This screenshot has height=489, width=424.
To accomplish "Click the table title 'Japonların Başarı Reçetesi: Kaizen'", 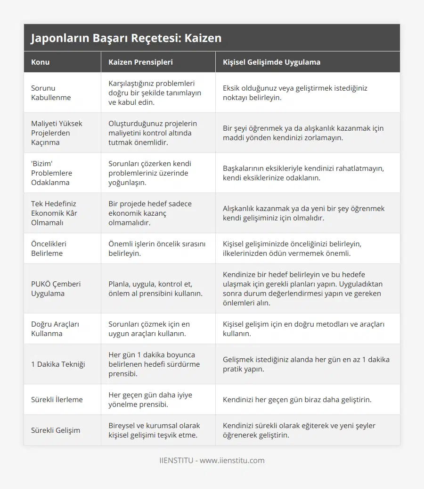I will [126, 38].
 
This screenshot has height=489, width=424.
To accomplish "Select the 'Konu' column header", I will [40, 62].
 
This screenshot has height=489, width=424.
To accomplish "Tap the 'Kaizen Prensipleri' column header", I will [140, 62].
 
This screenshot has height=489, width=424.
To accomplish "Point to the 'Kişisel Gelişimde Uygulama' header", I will [271, 62].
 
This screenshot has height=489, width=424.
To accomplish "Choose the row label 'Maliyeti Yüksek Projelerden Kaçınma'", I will [57, 133].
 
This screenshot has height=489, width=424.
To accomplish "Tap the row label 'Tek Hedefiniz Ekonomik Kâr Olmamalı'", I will [54, 213].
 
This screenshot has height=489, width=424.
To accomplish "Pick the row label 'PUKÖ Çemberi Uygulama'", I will [56, 288].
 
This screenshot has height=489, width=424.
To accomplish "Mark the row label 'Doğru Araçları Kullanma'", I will [55, 329].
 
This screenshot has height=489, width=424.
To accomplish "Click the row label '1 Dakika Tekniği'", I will [58, 364].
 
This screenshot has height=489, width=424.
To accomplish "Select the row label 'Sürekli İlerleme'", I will [57, 399].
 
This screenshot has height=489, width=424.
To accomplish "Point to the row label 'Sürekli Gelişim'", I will [56, 430].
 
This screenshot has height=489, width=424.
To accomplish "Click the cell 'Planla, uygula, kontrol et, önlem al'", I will [155, 288].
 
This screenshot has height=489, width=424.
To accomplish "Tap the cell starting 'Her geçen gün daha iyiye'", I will [150, 399].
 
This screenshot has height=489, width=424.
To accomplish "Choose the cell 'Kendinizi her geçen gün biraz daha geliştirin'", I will [297, 399].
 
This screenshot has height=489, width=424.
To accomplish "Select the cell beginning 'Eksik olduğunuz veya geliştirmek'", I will [295, 93].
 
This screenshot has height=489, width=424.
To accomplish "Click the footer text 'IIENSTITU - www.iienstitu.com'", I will [212, 460].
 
